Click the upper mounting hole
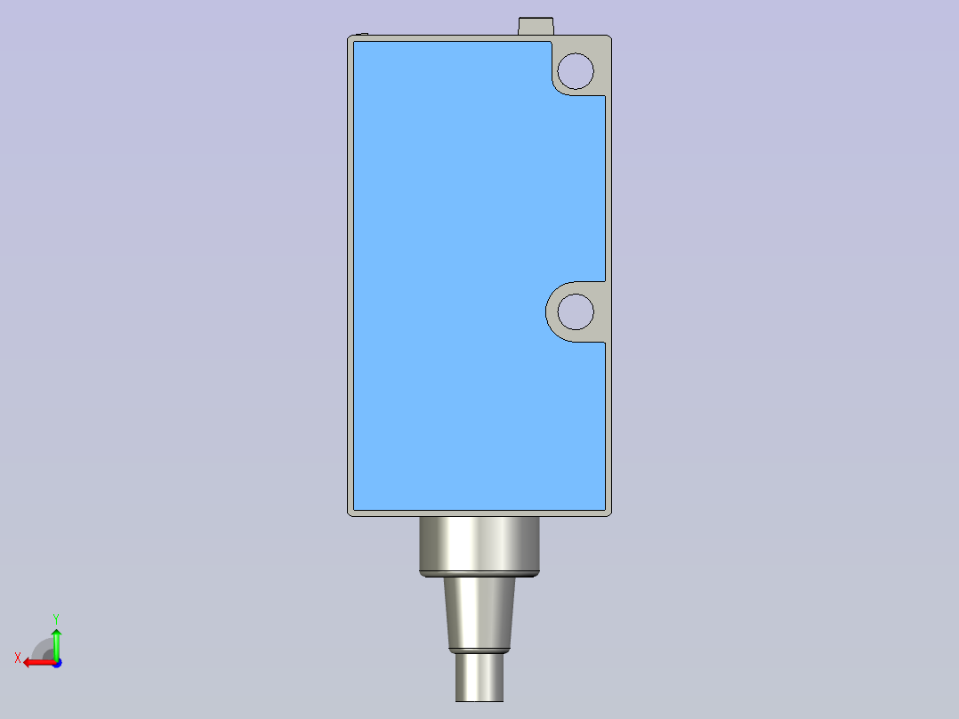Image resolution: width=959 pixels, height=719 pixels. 576,71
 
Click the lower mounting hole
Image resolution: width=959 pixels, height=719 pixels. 576,311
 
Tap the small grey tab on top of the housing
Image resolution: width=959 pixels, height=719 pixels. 536,27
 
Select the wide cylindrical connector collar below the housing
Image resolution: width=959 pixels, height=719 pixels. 479,544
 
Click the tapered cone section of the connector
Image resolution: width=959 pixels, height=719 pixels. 479,612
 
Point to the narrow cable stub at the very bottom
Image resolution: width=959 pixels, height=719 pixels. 479,677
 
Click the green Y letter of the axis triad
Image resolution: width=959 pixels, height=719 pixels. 56,619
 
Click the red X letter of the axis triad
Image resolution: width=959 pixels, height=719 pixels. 18,658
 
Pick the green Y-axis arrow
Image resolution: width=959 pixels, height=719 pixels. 56,644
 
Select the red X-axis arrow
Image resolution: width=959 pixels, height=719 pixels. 39,663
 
